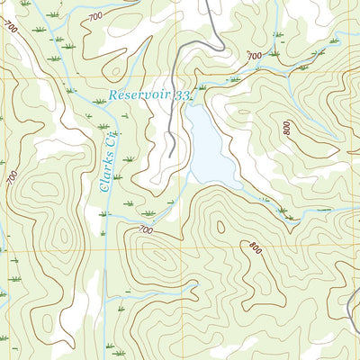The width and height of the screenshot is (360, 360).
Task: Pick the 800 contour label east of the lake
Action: (287, 128)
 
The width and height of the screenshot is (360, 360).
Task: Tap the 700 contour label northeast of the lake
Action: (254, 56)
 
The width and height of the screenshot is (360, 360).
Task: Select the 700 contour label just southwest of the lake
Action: (145, 230)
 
